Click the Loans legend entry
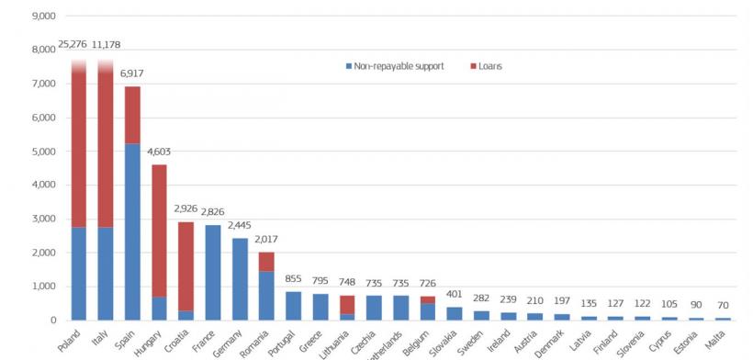[489, 66]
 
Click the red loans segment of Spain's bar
[132, 115]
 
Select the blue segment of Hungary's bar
[159, 308]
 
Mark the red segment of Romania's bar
[265, 261]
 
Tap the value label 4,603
[159, 152]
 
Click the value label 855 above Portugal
[292, 278]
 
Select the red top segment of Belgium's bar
[425, 299]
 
